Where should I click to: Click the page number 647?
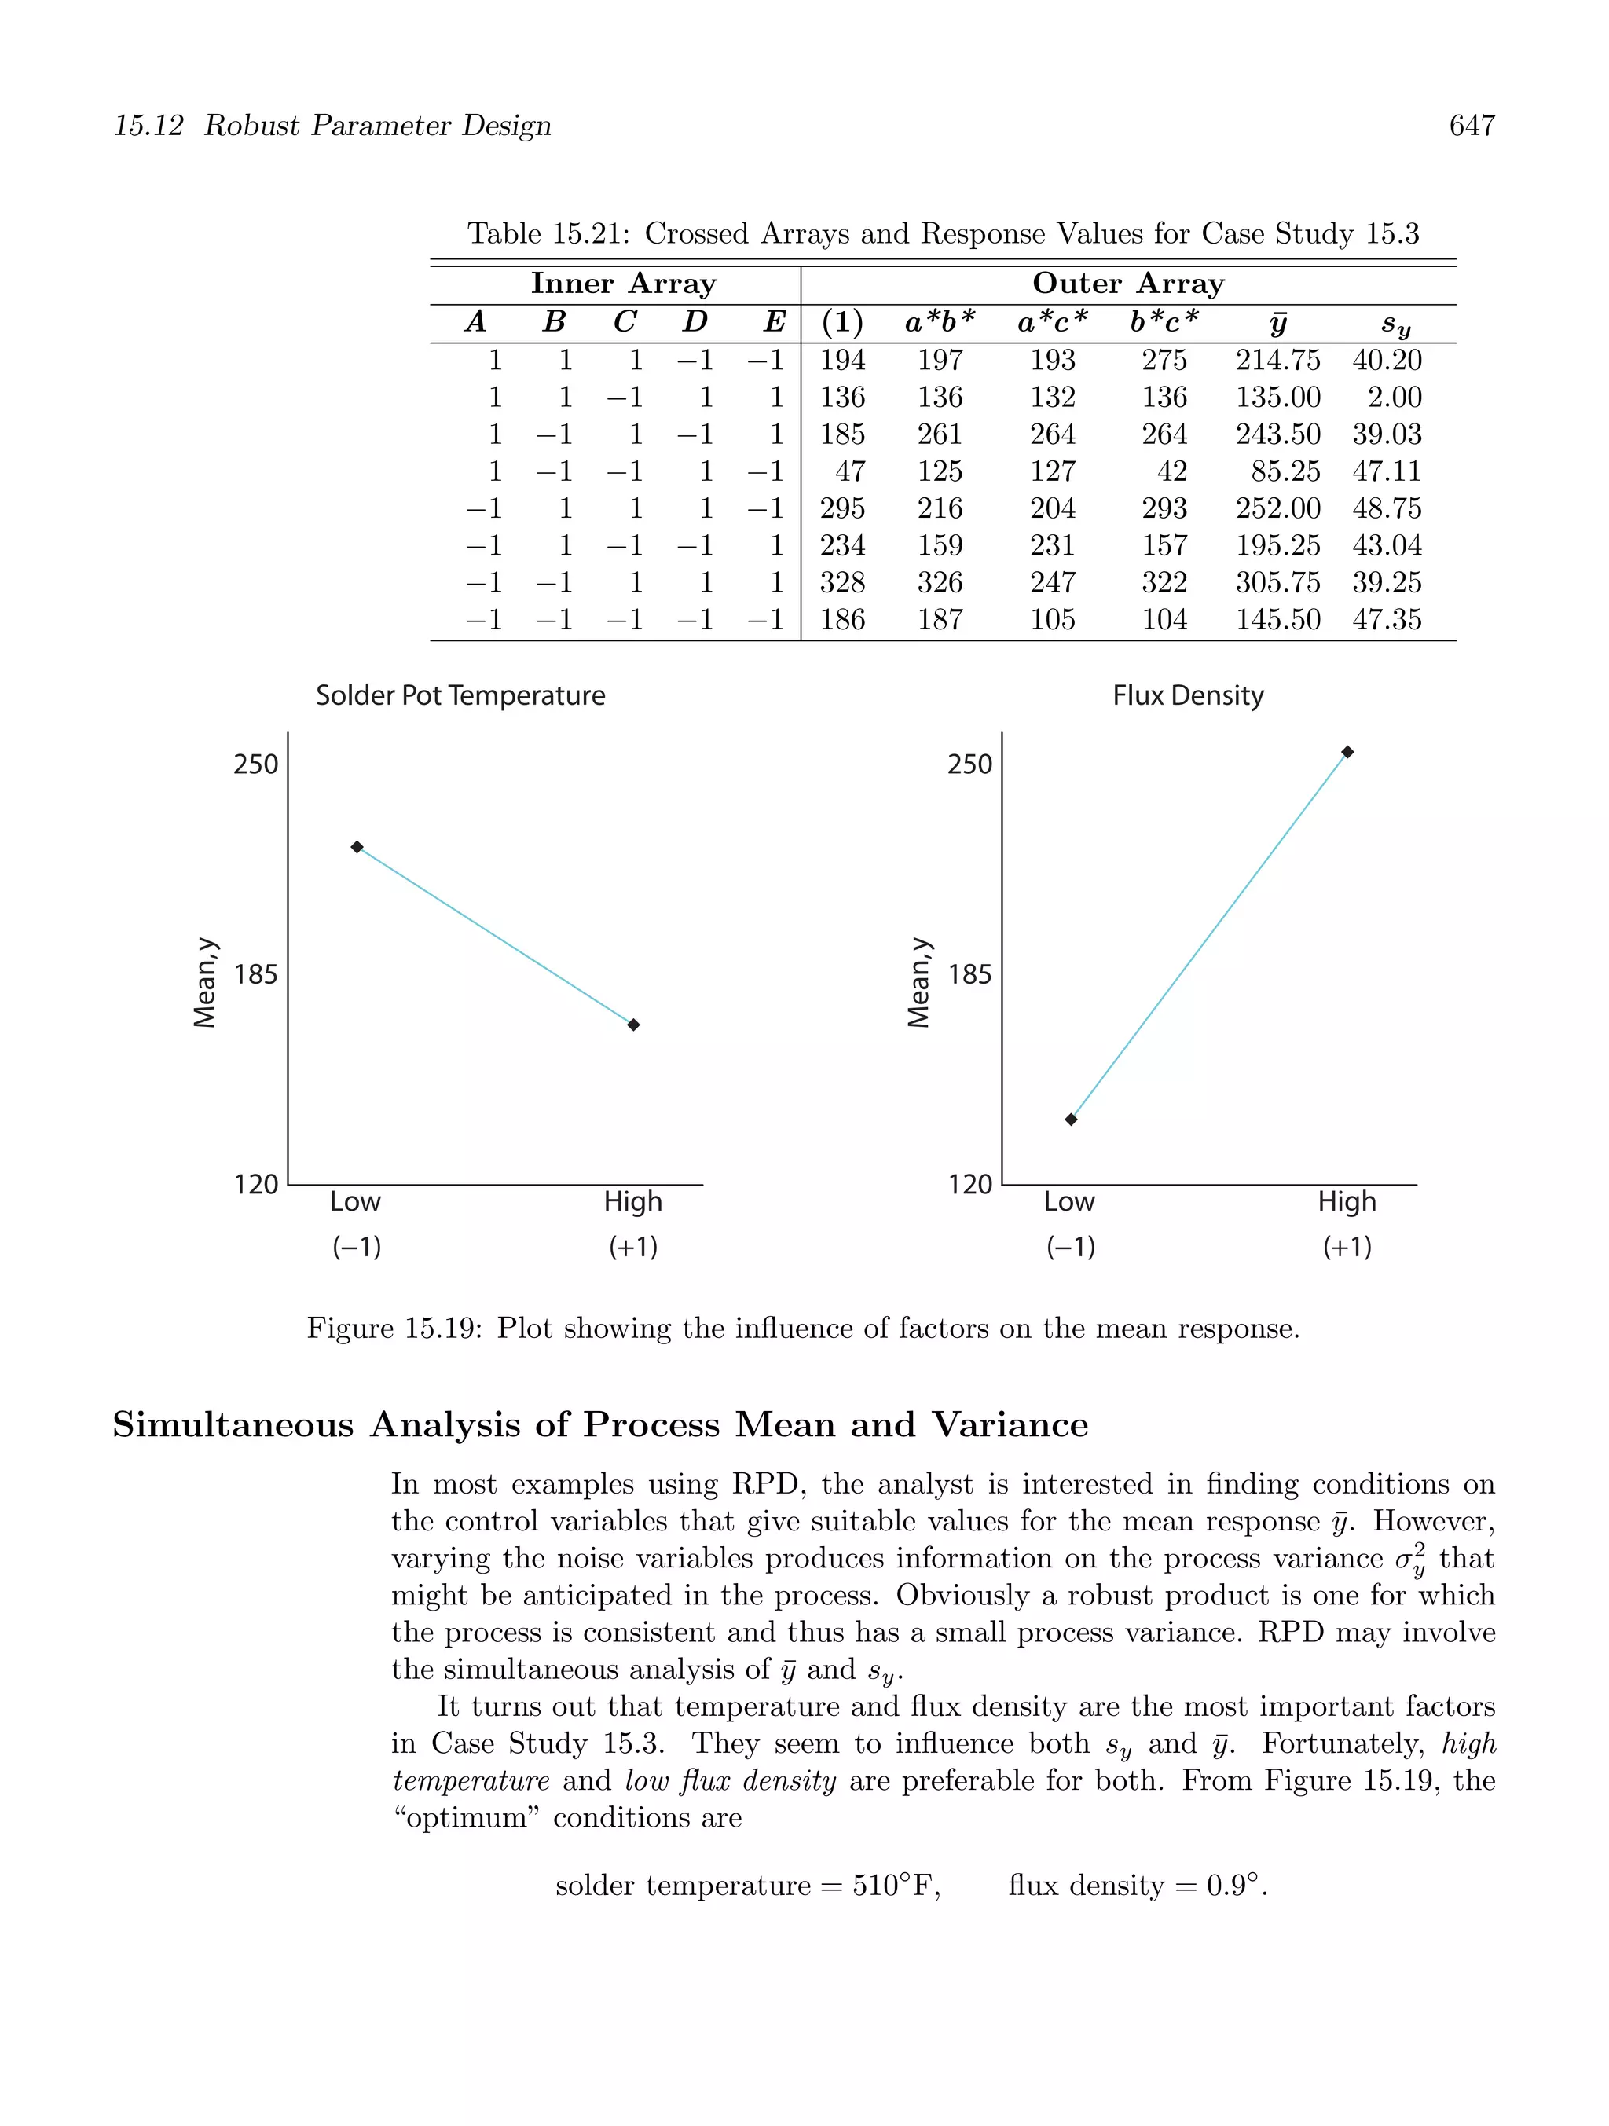click(1471, 126)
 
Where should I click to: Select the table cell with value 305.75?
click(1277, 582)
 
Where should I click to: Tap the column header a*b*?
click(939, 322)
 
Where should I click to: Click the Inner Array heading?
click(623, 284)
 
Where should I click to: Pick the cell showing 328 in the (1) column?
click(842, 582)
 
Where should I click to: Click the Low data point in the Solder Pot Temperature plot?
click(357, 847)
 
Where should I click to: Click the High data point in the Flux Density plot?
click(1347, 752)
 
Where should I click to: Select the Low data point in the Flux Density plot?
click(1071, 1119)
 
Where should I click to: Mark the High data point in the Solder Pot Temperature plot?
click(633, 1025)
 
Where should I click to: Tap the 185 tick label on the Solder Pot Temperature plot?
click(255, 974)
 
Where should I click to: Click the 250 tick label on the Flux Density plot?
click(969, 764)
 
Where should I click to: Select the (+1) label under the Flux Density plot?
click(1347, 1247)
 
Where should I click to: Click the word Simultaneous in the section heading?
click(233, 1424)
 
